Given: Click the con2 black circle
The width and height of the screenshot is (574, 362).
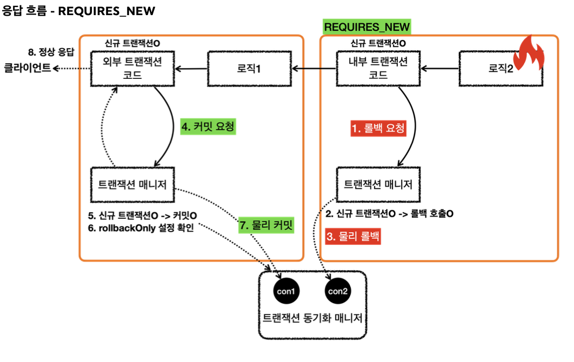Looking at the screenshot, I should coord(338,291).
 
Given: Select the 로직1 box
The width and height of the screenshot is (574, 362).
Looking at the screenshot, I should coord(249,69).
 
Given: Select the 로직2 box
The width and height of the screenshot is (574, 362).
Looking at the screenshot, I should coord(500,69).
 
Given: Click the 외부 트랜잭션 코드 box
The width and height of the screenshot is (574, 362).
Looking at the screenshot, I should coord(132,69).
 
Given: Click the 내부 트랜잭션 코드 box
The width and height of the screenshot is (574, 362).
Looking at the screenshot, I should coord(378,69).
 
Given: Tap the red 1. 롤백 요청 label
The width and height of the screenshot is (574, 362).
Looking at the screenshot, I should coord(378,129).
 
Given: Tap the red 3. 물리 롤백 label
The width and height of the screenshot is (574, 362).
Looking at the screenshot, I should coord(353,236).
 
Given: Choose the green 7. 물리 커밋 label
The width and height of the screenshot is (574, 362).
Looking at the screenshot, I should coord(267,225).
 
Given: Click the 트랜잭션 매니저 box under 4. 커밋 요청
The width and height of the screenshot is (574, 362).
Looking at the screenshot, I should coord(132,185).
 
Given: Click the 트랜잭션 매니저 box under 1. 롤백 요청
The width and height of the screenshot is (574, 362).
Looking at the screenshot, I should coord(378,185).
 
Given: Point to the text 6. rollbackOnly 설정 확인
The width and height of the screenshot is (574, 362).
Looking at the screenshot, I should coord(140,227).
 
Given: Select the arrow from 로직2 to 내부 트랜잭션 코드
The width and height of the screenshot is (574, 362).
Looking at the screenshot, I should coord(440,69).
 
